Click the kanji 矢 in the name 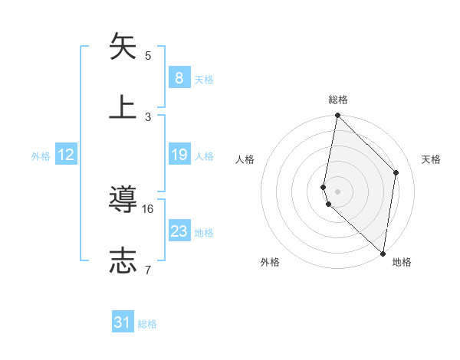(123, 47)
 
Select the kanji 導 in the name (123, 200)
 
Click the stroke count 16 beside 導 (149, 208)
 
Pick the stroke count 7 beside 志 (149, 269)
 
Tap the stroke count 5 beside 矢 (149, 55)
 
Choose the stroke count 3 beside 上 (149, 116)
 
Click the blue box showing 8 (179, 78)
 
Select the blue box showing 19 (179, 155)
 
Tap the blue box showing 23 (179, 231)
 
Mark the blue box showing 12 (66, 155)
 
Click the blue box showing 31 (123, 323)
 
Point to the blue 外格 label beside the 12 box (41, 156)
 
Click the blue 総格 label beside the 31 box (147, 325)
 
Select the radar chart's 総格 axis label (338, 100)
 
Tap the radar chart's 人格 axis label (245, 159)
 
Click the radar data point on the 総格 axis (337, 116)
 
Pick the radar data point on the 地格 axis (383, 253)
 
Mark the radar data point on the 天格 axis (396, 172)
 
